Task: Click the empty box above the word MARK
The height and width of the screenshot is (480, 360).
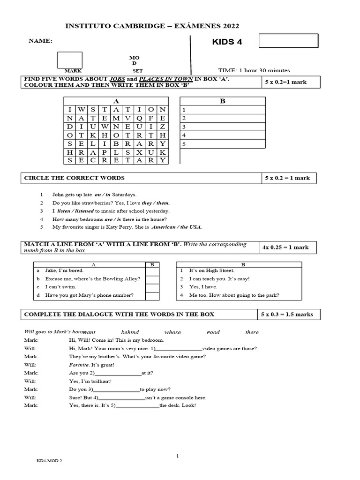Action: tap(70, 60)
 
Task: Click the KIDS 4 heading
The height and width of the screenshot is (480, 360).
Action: tap(227, 42)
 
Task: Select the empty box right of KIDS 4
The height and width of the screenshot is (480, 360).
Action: tap(288, 41)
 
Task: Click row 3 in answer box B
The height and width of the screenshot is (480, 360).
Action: tap(223, 127)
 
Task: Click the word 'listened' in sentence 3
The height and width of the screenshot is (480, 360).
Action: tap(83, 211)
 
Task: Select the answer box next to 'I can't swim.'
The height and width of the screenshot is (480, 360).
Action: tap(152, 287)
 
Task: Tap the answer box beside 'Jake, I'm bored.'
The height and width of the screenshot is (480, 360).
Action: tap(152, 271)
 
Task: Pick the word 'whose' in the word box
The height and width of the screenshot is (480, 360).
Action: tap(172, 332)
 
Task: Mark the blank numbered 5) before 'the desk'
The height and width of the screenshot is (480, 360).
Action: tap(137, 405)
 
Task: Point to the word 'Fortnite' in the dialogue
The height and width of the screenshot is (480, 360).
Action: tap(78, 365)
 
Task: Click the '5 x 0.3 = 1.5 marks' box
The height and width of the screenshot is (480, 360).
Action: tap(289, 314)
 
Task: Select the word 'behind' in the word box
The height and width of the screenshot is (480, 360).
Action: tap(130, 332)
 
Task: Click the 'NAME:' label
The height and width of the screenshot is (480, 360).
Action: tap(41, 41)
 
